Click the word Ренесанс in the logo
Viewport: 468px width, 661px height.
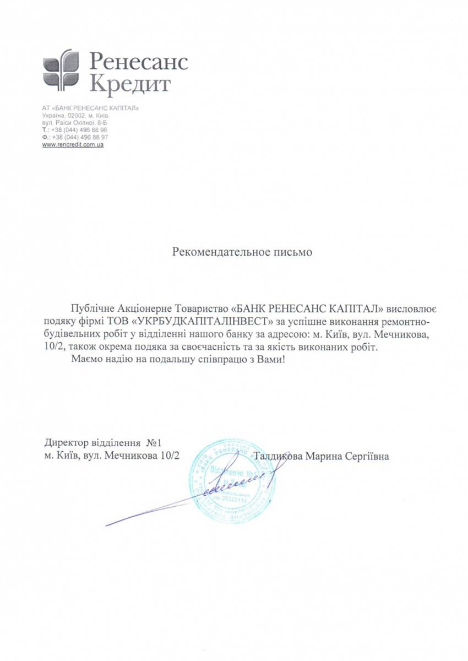(138, 60)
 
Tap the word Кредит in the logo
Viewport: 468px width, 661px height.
(130, 84)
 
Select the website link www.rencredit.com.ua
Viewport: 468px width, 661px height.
(73, 144)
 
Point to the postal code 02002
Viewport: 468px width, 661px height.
(75, 116)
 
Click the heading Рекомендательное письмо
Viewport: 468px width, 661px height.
(242, 252)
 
